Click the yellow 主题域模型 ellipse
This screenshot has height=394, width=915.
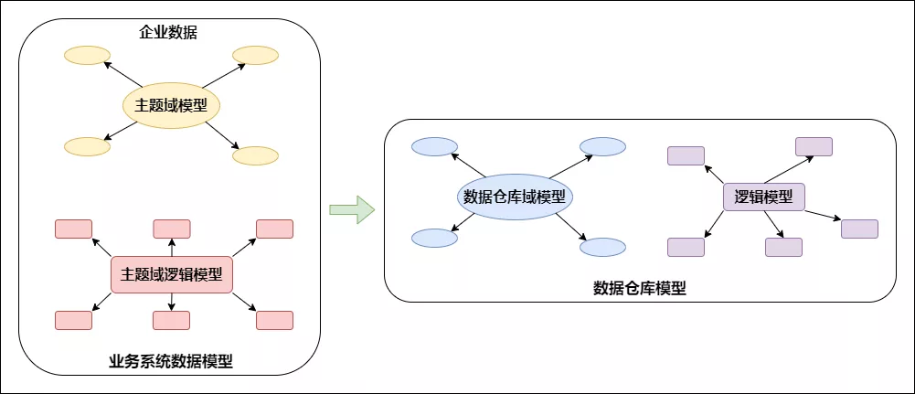pos(172,106)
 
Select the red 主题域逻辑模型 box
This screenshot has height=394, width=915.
pos(172,274)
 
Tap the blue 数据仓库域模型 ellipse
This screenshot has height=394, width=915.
pos(514,197)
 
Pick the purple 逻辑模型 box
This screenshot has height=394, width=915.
pos(763,197)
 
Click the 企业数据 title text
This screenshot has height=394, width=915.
pos(168,34)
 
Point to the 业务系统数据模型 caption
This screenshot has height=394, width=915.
pos(171,361)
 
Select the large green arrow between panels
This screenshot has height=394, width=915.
pos(352,209)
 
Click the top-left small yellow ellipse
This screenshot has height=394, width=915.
pos(87,56)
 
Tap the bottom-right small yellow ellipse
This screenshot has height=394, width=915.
pos(255,155)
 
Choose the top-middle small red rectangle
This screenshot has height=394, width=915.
pos(172,229)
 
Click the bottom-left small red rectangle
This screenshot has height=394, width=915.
pos(73,320)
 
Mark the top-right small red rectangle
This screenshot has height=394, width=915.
pos(274,229)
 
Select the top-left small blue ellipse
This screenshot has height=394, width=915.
pos(434,146)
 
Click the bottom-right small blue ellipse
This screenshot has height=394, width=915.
pos(603,247)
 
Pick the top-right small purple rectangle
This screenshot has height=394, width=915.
pos(814,146)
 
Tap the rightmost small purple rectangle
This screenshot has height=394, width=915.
pos(859,229)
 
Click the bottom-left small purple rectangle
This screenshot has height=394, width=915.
pos(686,247)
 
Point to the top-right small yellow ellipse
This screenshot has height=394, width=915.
pos(255,56)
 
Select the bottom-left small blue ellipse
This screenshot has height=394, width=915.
pos(434,238)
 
